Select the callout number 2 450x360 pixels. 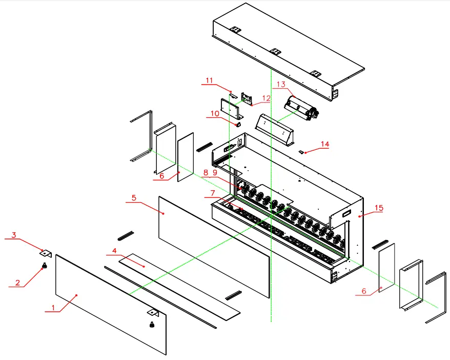[17, 283]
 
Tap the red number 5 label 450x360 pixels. [134, 197]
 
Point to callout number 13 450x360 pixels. [280, 84]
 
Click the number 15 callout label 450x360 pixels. [379, 208]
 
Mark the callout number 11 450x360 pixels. [209, 80]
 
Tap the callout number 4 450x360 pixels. [115, 250]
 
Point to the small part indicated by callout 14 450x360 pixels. [302, 152]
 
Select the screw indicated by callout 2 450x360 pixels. [45, 265]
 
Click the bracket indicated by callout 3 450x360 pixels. [46, 253]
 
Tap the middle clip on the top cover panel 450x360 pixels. [275, 51]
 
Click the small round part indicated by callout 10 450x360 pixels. [238, 124]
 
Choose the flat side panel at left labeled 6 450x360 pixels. [186, 156]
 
